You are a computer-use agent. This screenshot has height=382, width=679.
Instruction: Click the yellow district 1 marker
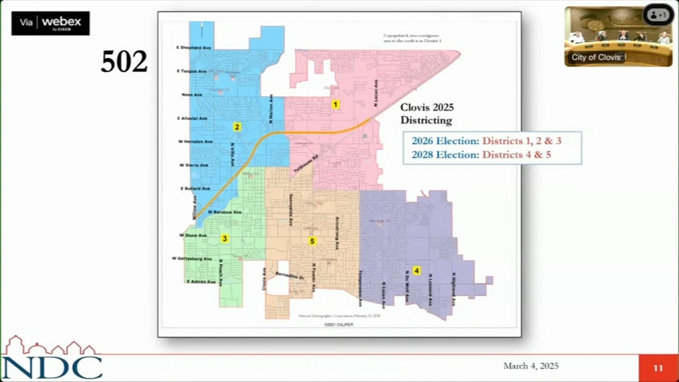335,104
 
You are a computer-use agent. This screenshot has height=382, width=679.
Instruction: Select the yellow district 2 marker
237,126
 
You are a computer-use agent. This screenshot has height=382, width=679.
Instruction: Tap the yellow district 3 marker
225,239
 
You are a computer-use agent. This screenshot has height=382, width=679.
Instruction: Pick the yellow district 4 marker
417,270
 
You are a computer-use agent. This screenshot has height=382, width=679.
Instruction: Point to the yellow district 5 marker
312,241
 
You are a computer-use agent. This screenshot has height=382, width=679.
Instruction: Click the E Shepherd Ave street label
194,48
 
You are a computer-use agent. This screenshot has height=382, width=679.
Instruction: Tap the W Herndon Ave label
195,141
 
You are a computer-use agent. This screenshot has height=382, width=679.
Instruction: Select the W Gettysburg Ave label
191,258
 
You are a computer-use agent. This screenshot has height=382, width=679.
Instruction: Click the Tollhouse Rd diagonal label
306,163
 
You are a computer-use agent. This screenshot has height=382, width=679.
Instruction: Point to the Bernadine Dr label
290,275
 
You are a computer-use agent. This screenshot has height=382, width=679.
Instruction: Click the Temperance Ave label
360,288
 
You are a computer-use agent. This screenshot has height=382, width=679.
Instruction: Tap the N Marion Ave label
271,109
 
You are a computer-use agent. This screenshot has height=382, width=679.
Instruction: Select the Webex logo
51,23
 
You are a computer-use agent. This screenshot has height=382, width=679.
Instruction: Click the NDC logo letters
52,367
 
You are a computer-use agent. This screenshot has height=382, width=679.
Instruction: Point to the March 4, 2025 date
530,366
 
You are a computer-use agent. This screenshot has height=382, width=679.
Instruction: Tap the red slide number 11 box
658,368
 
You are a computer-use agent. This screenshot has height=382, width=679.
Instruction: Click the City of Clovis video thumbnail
618,37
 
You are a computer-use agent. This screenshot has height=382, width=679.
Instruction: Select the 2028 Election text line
481,154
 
